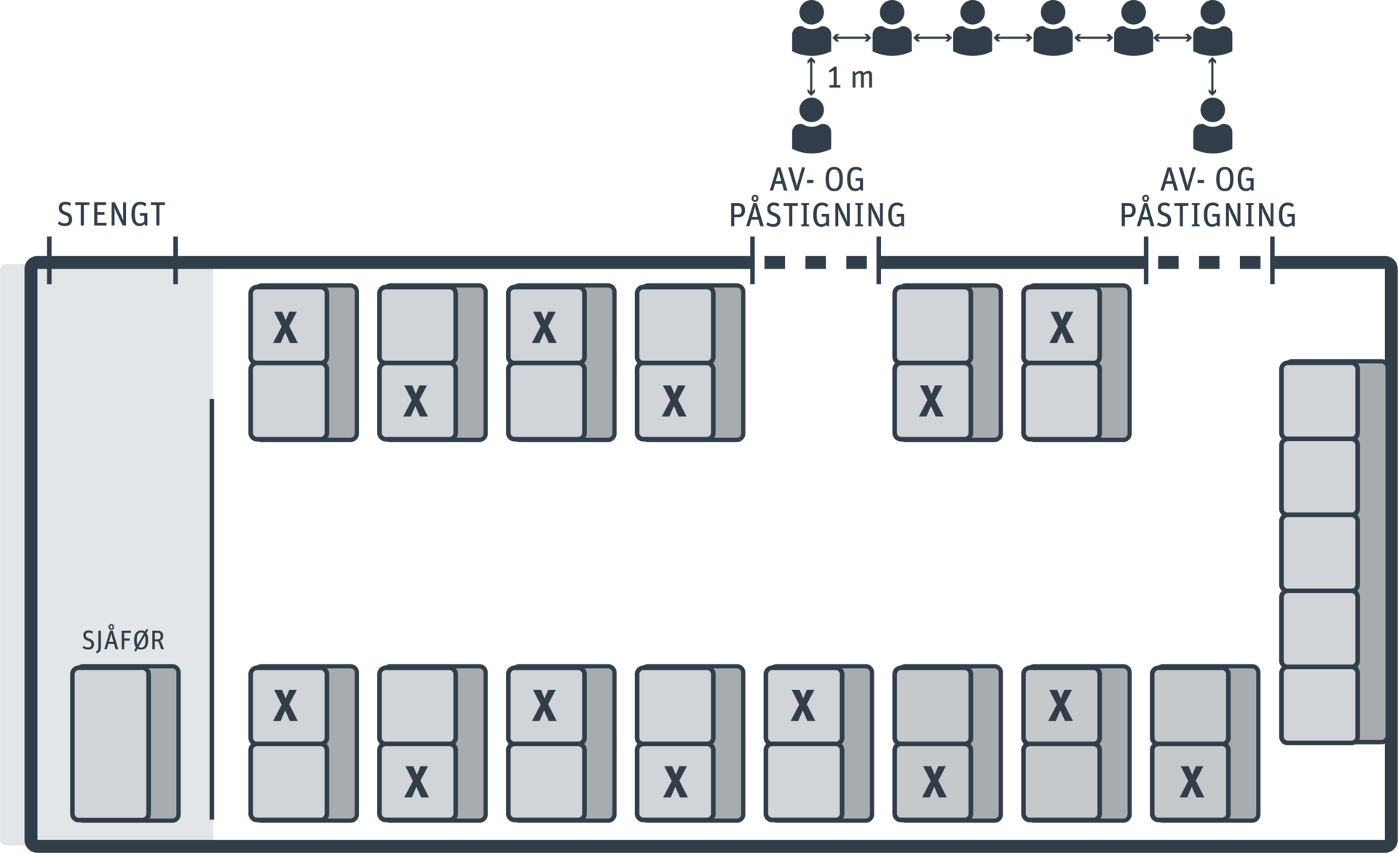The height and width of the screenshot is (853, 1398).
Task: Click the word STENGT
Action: tap(111, 215)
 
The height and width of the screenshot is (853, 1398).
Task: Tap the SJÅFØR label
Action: tap(123, 640)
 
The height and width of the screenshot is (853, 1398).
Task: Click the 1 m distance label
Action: tap(850, 79)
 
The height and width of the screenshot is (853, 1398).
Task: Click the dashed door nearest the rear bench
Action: tap(1209, 263)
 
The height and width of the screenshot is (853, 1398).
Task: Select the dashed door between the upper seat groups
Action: tap(815, 263)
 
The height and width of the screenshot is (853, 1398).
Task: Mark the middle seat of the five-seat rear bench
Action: tap(1319, 552)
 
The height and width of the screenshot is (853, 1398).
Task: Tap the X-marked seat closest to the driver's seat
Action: tap(286, 705)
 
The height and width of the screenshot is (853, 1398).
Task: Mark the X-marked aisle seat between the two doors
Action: tap(931, 401)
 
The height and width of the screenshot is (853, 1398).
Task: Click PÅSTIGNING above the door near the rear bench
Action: tap(1207, 215)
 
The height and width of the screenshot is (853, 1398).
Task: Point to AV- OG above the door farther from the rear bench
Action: tap(817, 180)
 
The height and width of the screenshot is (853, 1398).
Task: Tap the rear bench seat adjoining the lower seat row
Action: tap(1319, 705)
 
